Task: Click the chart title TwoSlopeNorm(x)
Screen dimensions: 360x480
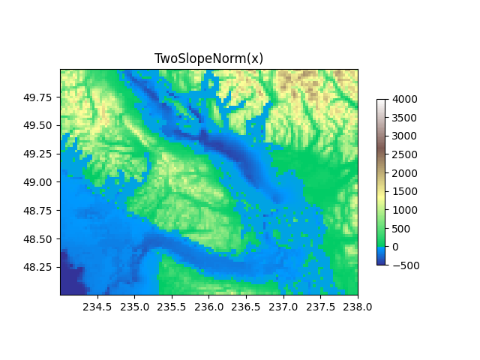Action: [208, 58]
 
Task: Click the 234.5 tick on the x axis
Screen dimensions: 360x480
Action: [97, 306]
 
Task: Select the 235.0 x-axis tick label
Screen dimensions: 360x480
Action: [135, 306]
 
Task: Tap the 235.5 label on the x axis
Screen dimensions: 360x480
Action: [172, 306]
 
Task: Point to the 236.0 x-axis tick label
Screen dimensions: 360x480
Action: [208, 306]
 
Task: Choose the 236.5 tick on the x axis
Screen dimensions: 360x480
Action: [246, 306]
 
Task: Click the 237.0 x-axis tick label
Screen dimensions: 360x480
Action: [283, 306]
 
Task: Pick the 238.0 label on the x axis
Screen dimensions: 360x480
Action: [357, 306]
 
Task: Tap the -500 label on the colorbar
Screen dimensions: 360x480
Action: [404, 265]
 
